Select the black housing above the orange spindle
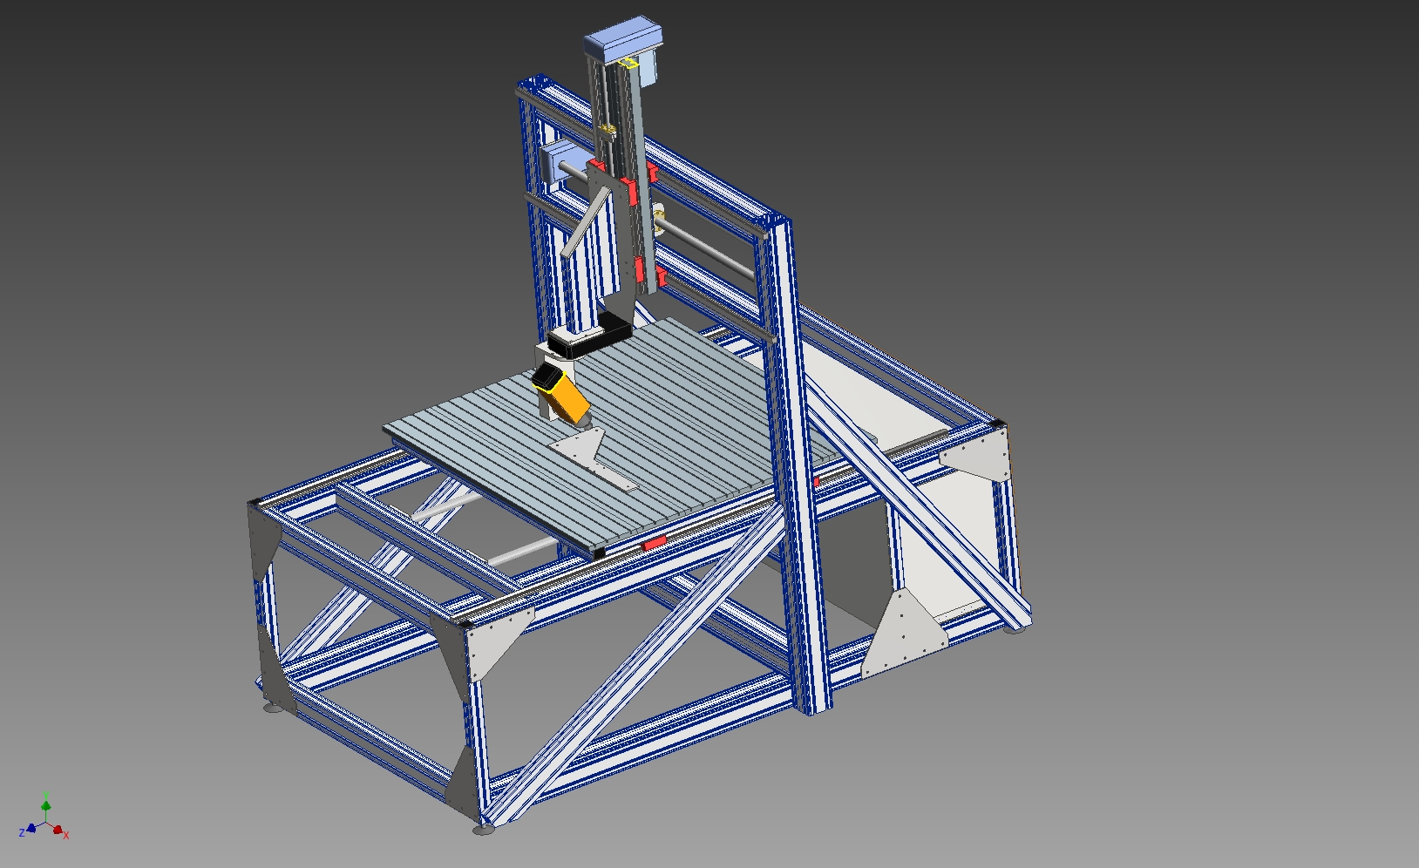589,335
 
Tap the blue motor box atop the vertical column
623,39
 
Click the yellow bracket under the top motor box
628,64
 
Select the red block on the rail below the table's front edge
655,543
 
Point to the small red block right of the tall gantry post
816,482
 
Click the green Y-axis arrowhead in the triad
45,805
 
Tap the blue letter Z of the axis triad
22,832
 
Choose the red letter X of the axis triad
66,836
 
